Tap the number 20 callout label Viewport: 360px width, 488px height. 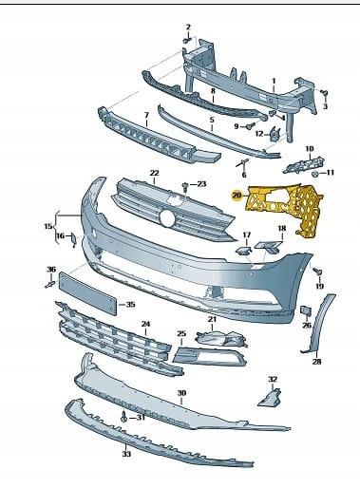tap(237, 196)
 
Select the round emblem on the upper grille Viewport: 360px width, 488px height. tap(167, 218)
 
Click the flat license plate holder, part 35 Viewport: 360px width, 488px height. tap(87, 293)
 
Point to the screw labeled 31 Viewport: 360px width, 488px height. tap(123, 417)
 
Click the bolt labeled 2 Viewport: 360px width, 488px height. tap(187, 40)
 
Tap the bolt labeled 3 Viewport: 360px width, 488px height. tap(325, 94)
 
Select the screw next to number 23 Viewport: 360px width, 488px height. tap(185, 187)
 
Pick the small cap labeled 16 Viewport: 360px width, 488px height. tap(73, 239)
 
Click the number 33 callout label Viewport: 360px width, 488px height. tap(126, 454)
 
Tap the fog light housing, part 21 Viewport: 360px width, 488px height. tap(221, 339)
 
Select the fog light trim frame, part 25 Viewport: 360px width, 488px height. tap(210, 357)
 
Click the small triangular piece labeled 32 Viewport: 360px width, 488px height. tap(270, 397)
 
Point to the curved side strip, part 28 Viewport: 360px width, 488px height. tap(317, 323)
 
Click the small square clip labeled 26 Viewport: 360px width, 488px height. tap(306, 310)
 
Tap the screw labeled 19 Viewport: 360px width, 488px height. tap(317, 272)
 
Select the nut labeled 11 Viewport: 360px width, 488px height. tap(314, 173)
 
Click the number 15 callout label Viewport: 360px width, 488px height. tap(48, 226)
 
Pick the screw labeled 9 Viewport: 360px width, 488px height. tap(250, 126)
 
